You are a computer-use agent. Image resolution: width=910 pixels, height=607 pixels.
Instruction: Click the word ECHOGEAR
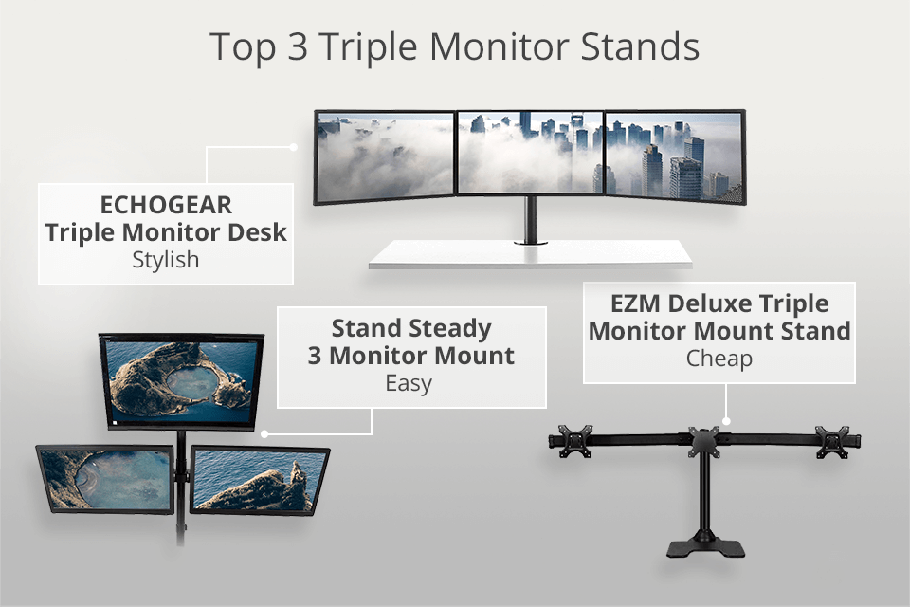[x=166, y=206]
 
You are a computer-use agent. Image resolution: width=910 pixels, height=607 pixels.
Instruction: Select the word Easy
[x=409, y=383]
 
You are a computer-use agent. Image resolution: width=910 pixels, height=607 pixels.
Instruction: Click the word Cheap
[x=719, y=359]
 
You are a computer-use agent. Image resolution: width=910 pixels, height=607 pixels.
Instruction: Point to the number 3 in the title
[x=298, y=46]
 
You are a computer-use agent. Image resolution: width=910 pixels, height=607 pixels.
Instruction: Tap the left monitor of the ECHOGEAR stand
[x=385, y=156]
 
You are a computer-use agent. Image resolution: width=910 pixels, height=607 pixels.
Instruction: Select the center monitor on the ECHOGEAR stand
[x=529, y=154]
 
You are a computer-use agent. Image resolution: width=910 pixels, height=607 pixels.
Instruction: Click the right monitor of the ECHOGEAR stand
[x=675, y=156]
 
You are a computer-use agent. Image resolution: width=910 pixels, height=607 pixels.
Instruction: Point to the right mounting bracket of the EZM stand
[x=832, y=440]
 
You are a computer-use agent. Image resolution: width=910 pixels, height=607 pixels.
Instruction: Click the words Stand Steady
[x=411, y=329]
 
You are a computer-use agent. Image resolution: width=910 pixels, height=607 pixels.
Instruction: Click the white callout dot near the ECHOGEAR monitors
[x=294, y=147]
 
